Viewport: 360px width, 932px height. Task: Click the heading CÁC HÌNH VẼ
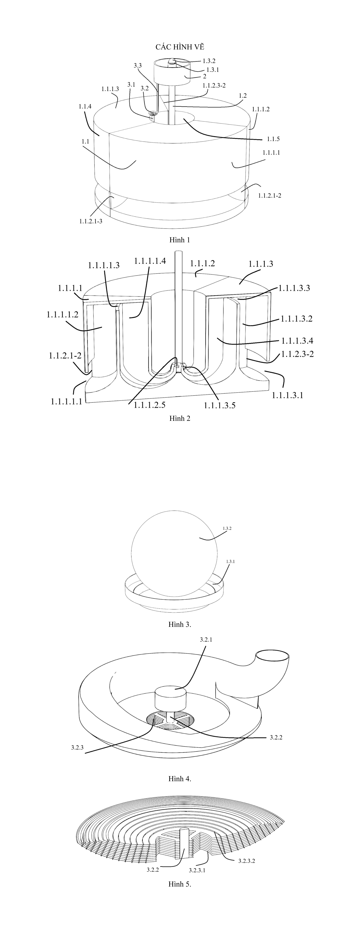click(x=180, y=47)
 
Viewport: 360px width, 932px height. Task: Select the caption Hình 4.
click(x=180, y=779)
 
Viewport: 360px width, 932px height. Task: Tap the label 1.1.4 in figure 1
click(x=85, y=106)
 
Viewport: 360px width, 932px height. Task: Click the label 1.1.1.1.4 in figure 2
click(x=150, y=261)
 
